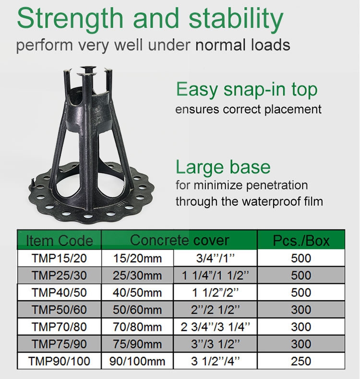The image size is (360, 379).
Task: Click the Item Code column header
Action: point(59,241)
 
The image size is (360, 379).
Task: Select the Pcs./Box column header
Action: point(301,241)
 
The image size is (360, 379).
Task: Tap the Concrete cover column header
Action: point(179,240)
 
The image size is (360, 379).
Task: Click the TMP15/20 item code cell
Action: point(59,258)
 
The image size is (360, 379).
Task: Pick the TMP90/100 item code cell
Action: point(59,361)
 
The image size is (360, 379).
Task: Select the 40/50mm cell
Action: point(137,293)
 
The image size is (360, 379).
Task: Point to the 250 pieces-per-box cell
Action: point(301,361)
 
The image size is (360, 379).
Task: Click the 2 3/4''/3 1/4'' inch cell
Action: point(215,327)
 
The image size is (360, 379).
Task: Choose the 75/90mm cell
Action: point(137,344)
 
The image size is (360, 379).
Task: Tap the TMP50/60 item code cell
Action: point(59,310)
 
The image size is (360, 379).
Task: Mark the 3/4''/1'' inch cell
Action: point(215,258)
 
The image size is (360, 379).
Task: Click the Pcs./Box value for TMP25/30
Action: point(301,275)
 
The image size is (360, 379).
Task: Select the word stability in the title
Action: point(236,19)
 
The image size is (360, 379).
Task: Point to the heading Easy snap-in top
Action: point(247,90)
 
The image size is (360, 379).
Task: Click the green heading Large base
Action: point(223,167)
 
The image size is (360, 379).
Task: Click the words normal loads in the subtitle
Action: point(243,45)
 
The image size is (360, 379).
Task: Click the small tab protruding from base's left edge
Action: point(33,183)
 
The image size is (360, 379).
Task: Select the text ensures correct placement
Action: point(248,109)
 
